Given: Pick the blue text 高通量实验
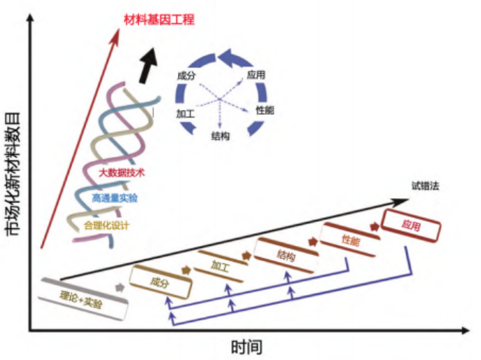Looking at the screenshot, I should click(115, 198).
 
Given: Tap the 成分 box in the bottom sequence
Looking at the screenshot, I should click(160, 282).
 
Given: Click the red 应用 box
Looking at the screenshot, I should click(411, 227).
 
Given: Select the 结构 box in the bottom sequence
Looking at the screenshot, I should click(286, 255).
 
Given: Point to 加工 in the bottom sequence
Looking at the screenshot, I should click(221, 267).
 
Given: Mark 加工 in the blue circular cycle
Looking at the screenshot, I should click(185, 112).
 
